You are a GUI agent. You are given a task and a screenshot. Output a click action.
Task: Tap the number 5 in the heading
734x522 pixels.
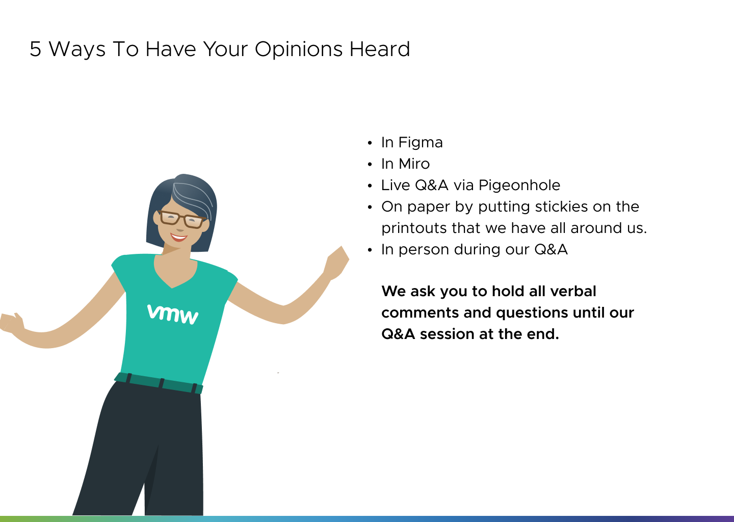[35, 49]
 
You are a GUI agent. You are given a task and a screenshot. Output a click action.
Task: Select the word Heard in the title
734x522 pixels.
[380, 49]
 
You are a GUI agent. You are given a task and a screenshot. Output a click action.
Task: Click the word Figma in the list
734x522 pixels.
[421, 143]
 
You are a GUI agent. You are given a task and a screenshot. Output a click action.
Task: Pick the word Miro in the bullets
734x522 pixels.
[414, 164]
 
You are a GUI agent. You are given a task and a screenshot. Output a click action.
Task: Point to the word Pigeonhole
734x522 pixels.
[519, 186]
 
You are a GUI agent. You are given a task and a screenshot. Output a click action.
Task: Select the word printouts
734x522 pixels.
[414, 228]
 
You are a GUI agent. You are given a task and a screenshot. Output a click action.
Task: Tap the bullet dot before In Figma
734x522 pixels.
[370, 143]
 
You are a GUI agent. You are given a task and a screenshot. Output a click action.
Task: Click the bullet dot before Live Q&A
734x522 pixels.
[370, 186]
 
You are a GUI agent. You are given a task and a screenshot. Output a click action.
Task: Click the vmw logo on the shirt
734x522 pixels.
[173, 315]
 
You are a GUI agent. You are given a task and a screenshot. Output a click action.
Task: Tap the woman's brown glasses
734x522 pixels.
[182, 219]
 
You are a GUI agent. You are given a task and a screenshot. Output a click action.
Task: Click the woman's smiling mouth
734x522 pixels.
[178, 237]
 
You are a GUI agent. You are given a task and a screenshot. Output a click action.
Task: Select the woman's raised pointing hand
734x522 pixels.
[337, 263]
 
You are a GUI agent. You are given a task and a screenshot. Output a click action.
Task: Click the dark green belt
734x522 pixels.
[159, 383]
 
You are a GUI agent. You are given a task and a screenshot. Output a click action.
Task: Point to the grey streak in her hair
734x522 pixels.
[193, 197]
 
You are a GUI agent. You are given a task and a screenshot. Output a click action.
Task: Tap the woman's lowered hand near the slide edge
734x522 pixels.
[11, 323]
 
